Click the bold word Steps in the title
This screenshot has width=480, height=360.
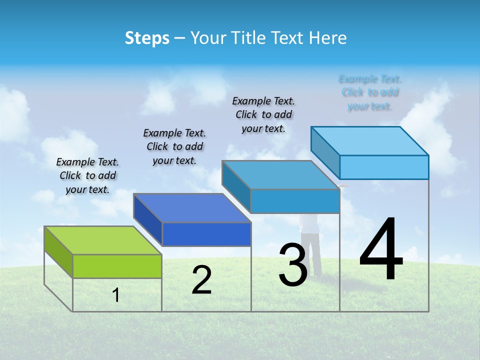(147, 38)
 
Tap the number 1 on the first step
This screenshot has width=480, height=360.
(116, 295)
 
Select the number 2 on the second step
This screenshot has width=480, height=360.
(202, 280)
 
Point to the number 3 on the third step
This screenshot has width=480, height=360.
(293, 265)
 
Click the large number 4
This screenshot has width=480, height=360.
(381, 250)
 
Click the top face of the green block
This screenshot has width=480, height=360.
(102, 240)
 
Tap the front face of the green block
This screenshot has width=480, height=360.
(117, 266)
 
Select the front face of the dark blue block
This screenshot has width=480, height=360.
(206, 234)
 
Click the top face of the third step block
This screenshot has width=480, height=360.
(280, 174)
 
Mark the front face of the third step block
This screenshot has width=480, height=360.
(295, 201)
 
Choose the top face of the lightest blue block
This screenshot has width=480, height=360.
(369, 140)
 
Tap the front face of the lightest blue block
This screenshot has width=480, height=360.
(384, 167)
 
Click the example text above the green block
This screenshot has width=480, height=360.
(87, 175)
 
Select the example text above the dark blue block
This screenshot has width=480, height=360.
(174, 146)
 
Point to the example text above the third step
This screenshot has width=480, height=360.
(263, 114)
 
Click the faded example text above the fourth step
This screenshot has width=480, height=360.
(370, 92)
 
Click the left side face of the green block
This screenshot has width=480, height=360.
(58, 251)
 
